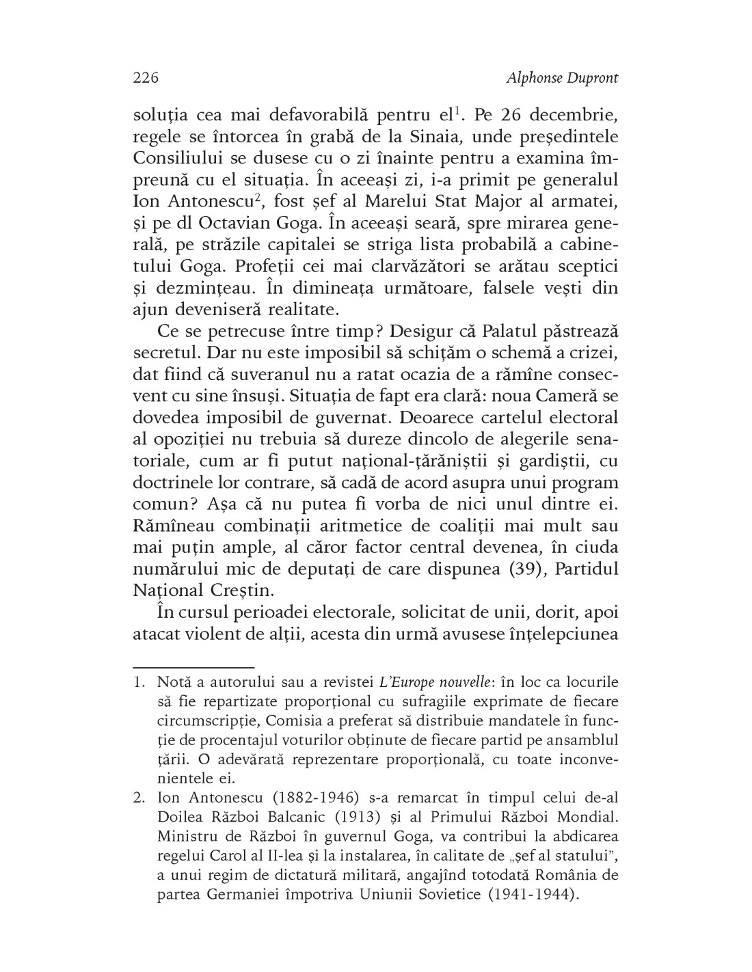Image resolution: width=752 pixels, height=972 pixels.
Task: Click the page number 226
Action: [146, 78]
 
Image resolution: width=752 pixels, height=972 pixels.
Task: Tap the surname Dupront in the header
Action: [593, 78]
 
